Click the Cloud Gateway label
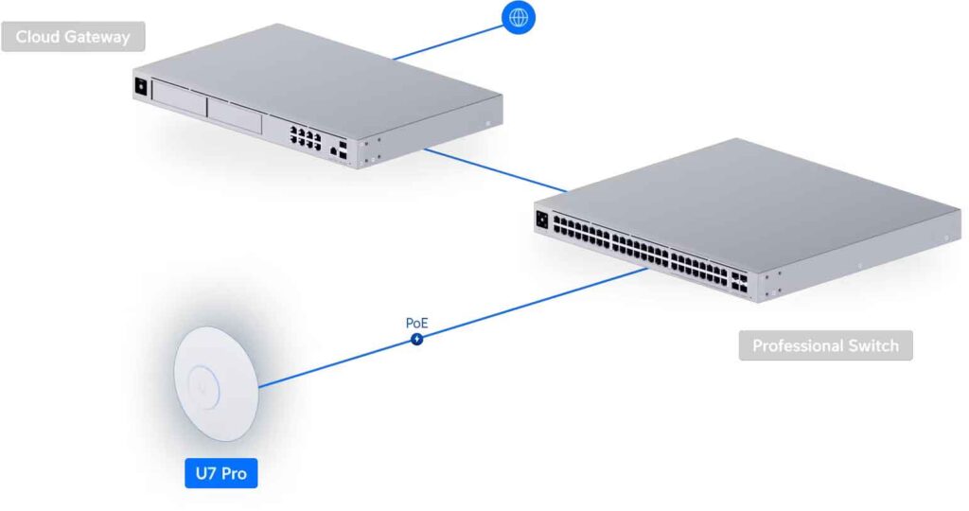(x=73, y=37)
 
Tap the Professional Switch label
(x=825, y=345)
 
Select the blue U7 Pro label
(x=221, y=473)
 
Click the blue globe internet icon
(x=519, y=17)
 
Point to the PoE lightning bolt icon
(x=417, y=339)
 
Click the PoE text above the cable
(x=416, y=323)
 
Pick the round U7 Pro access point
(x=216, y=383)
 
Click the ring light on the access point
(x=203, y=387)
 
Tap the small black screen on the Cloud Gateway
(x=140, y=87)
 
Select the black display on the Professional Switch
(x=542, y=220)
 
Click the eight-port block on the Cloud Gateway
(x=306, y=136)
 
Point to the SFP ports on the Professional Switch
(x=739, y=283)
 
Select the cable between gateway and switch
(x=494, y=170)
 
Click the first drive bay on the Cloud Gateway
(x=179, y=98)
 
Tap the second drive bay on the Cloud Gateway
(x=235, y=115)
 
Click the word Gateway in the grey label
(x=99, y=38)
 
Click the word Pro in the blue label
(x=235, y=474)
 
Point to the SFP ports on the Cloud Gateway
(x=343, y=150)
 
